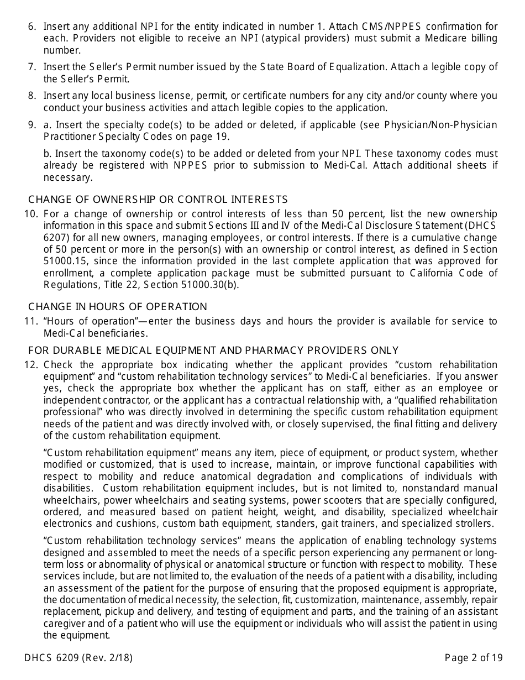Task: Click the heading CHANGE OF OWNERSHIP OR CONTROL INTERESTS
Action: click(158, 200)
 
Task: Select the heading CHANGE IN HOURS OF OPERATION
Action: click(118, 307)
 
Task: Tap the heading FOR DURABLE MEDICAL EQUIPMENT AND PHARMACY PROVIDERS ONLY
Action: click(213, 351)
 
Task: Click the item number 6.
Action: click(32, 27)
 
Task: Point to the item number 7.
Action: click(32, 67)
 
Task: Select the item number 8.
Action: click(32, 96)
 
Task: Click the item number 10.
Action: click(31, 214)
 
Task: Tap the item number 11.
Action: click(31, 321)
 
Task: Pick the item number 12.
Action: click(31, 365)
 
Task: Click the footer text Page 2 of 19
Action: click(474, 658)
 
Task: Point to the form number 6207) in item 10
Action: click(57, 238)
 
